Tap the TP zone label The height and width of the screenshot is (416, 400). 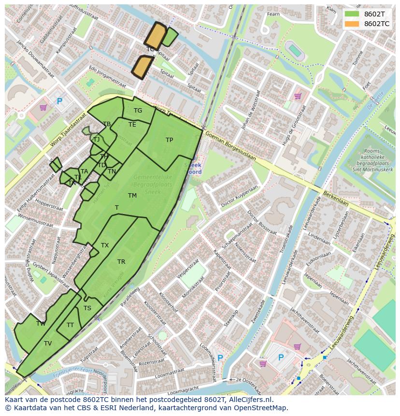pyautogui.click(x=169, y=140)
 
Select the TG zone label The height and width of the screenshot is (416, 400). pyautogui.click(x=138, y=111)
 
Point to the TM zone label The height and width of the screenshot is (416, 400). pyautogui.click(x=132, y=196)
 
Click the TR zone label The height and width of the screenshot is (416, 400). pyautogui.click(x=121, y=262)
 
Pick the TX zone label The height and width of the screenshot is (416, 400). pyautogui.click(x=105, y=245)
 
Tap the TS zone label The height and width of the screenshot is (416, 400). pyautogui.click(x=87, y=308)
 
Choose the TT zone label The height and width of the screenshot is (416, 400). pyautogui.click(x=71, y=325)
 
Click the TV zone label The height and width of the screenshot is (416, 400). pyautogui.click(x=48, y=344)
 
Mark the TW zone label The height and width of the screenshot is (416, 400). pyautogui.click(x=41, y=324)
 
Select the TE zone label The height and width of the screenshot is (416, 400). pyautogui.click(x=132, y=125)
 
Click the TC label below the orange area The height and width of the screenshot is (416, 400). pyautogui.click(x=150, y=49)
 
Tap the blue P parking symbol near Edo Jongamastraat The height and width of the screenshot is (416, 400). pyautogui.click(x=59, y=101)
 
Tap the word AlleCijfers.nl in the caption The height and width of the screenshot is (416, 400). pyautogui.click(x=250, y=400)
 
